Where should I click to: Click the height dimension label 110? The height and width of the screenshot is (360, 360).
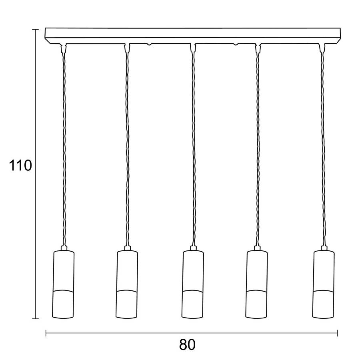tap(20, 166)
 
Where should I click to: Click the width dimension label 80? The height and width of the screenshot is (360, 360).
tap(187, 344)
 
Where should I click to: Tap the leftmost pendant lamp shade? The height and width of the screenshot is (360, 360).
tap(63, 284)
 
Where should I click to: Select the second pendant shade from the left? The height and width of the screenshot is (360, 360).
tap(127, 284)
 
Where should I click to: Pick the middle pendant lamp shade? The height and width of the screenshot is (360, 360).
tap(193, 284)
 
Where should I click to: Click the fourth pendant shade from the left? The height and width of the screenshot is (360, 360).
tap(257, 284)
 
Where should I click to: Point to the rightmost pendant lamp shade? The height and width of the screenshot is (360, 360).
tap(323, 284)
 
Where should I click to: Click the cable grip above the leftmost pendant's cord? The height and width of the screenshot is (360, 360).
tap(64, 48)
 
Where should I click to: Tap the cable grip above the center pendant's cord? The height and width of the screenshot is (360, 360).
tap(193, 48)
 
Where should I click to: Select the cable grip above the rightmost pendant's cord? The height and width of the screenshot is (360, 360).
tap(322, 48)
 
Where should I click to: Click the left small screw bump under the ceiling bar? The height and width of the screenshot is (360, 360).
tap(149, 44)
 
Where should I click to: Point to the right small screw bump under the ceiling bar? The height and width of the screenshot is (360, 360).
tap(236, 44)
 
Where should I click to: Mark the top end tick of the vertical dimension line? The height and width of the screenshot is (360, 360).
tap(35, 29)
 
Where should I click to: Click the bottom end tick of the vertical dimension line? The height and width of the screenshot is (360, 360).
tap(35, 319)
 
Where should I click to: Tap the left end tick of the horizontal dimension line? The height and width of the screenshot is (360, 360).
tap(46, 333)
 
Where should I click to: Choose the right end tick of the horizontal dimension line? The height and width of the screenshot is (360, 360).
tap(337, 333)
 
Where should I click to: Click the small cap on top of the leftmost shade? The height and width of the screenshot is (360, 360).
tap(64, 248)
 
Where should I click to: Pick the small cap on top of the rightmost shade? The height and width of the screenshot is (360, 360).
tap(324, 248)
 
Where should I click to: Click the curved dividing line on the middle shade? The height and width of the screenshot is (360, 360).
tap(193, 291)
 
